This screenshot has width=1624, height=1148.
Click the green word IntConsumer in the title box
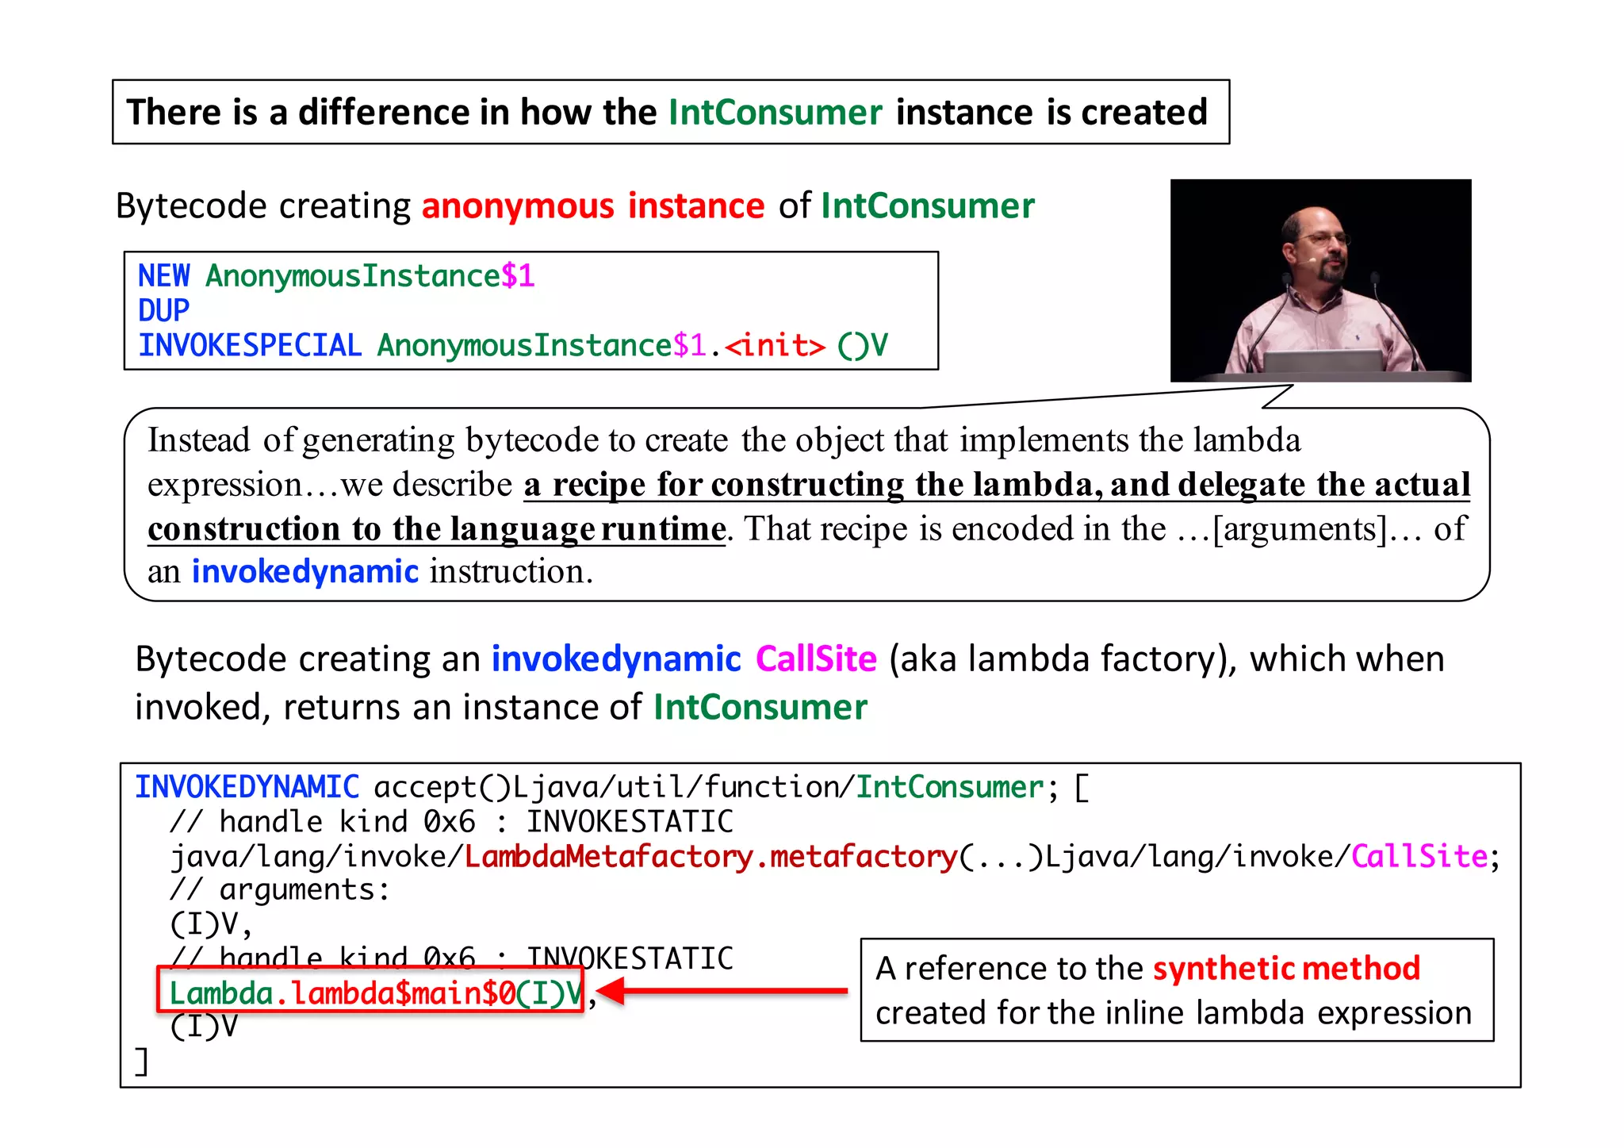(775, 112)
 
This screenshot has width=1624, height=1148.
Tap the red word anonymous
(518, 206)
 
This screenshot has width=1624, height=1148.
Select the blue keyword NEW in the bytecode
(163, 276)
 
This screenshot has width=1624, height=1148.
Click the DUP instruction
(163, 310)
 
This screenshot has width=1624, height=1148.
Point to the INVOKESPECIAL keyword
(250, 346)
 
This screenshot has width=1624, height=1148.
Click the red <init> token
(775, 346)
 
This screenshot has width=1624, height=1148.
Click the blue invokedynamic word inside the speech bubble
(304, 572)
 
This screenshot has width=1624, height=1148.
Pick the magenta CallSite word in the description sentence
(816, 659)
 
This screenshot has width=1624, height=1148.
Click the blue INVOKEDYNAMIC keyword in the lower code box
(247, 787)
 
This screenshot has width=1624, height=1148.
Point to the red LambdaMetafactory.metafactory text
(710, 857)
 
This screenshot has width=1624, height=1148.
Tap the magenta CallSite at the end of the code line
(1419, 857)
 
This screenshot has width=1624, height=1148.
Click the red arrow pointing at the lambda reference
(722, 991)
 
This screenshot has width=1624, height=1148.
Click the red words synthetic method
(1285, 969)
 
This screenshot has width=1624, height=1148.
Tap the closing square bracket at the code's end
(142, 1061)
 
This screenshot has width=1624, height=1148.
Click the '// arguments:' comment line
(280, 890)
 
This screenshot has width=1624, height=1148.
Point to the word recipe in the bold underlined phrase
(599, 485)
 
